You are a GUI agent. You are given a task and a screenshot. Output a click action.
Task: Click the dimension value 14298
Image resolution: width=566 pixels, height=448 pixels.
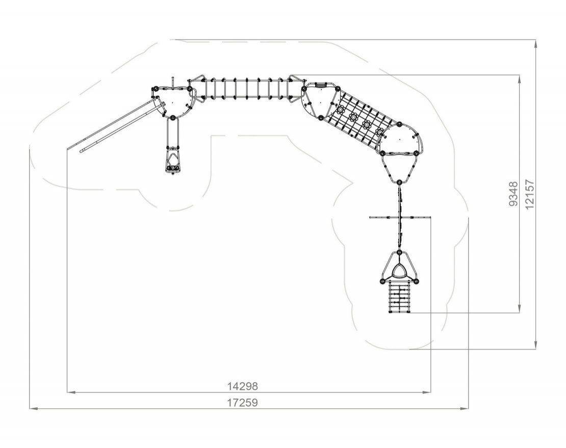coord(243,386)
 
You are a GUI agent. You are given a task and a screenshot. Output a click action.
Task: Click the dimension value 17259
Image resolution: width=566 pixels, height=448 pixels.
coord(243,402)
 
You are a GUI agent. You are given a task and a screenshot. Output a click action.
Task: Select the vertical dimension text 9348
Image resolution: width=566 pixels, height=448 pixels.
coord(513,194)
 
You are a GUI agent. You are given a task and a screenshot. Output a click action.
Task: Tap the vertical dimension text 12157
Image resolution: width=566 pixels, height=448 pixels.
coord(530,194)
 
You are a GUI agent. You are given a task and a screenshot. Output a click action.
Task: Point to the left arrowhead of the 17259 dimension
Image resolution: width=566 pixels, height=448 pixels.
coord(33,408)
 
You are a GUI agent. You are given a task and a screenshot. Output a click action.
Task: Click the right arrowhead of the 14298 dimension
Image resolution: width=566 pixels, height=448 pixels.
coord(427,392)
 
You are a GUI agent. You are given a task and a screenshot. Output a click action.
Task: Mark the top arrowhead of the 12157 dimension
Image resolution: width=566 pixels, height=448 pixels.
coord(536,43)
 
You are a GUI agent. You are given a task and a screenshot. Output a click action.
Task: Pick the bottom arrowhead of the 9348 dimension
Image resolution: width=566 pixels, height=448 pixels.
coord(520,308)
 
